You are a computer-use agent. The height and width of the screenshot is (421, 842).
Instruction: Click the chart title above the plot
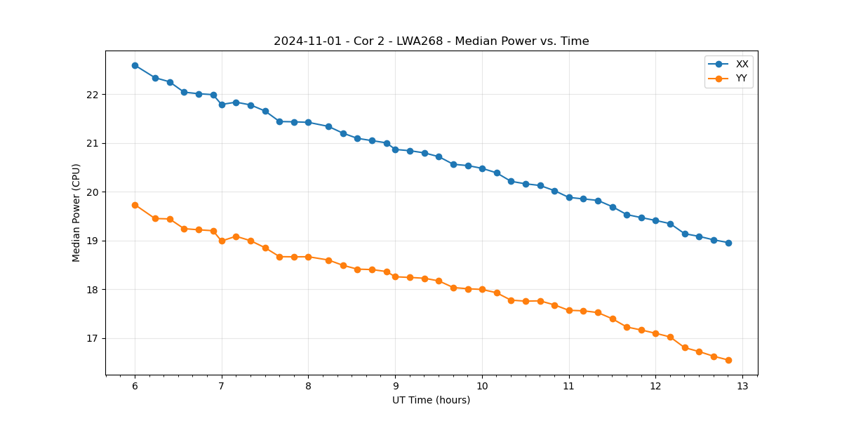click(431, 41)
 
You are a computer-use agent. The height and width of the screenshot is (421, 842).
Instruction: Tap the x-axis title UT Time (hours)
click(431, 400)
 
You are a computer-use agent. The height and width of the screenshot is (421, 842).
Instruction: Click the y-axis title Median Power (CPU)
click(76, 213)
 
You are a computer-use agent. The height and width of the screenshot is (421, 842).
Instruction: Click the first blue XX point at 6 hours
click(135, 65)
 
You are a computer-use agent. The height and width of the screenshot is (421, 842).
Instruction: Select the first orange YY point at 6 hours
click(135, 205)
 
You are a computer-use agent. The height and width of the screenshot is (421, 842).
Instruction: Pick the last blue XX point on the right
click(728, 243)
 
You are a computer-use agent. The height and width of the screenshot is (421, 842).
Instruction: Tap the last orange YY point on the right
click(728, 360)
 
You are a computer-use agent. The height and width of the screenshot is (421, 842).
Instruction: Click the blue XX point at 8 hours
click(308, 122)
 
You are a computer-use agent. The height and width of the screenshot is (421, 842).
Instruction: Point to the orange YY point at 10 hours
click(482, 289)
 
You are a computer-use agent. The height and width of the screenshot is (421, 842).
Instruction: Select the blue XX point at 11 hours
click(569, 197)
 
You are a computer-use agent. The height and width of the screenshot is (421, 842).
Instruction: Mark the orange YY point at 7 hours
click(222, 241)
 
